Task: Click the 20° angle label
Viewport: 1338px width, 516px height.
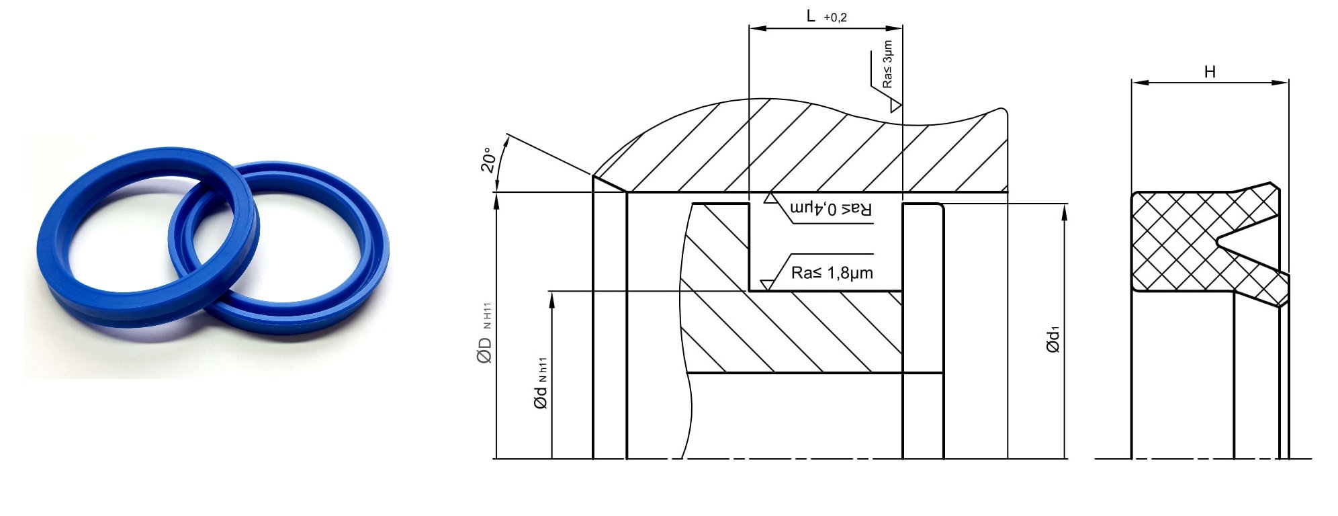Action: point(489,160)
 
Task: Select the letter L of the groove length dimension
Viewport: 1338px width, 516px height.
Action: point(811,16)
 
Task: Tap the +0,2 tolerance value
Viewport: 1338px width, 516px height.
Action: point(835,18)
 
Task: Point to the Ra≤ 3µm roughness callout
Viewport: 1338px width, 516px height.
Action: point(887,64)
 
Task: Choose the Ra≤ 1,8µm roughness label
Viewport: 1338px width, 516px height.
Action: point(832,272)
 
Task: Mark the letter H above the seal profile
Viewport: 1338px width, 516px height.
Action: point(1210,72)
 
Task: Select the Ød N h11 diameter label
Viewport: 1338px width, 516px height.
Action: point(541,382)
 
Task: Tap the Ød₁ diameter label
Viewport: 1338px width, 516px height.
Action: point(1053,340)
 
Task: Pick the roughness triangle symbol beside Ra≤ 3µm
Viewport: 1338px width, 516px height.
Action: point(895,106)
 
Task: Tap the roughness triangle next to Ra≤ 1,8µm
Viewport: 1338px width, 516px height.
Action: point(766,286)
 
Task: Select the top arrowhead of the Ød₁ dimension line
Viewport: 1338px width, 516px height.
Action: point(1065,212)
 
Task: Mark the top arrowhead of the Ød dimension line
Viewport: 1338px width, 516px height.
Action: point(551,300)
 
